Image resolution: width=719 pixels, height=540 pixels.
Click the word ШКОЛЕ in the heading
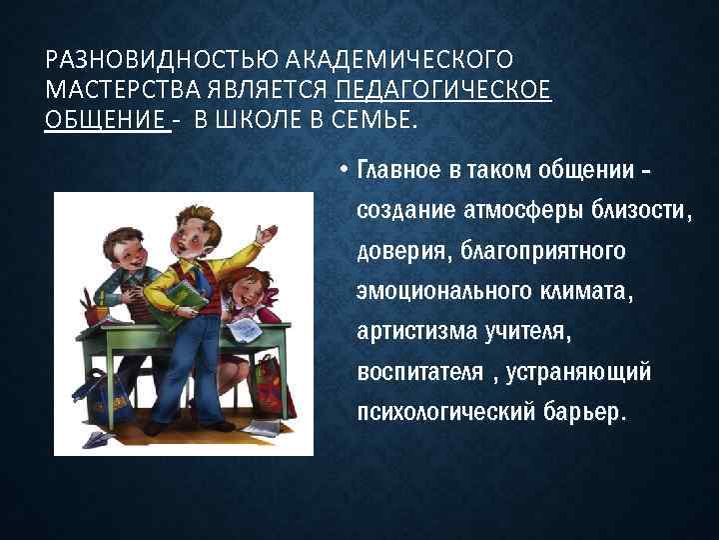pyautogui.click(x=263, y=121)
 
